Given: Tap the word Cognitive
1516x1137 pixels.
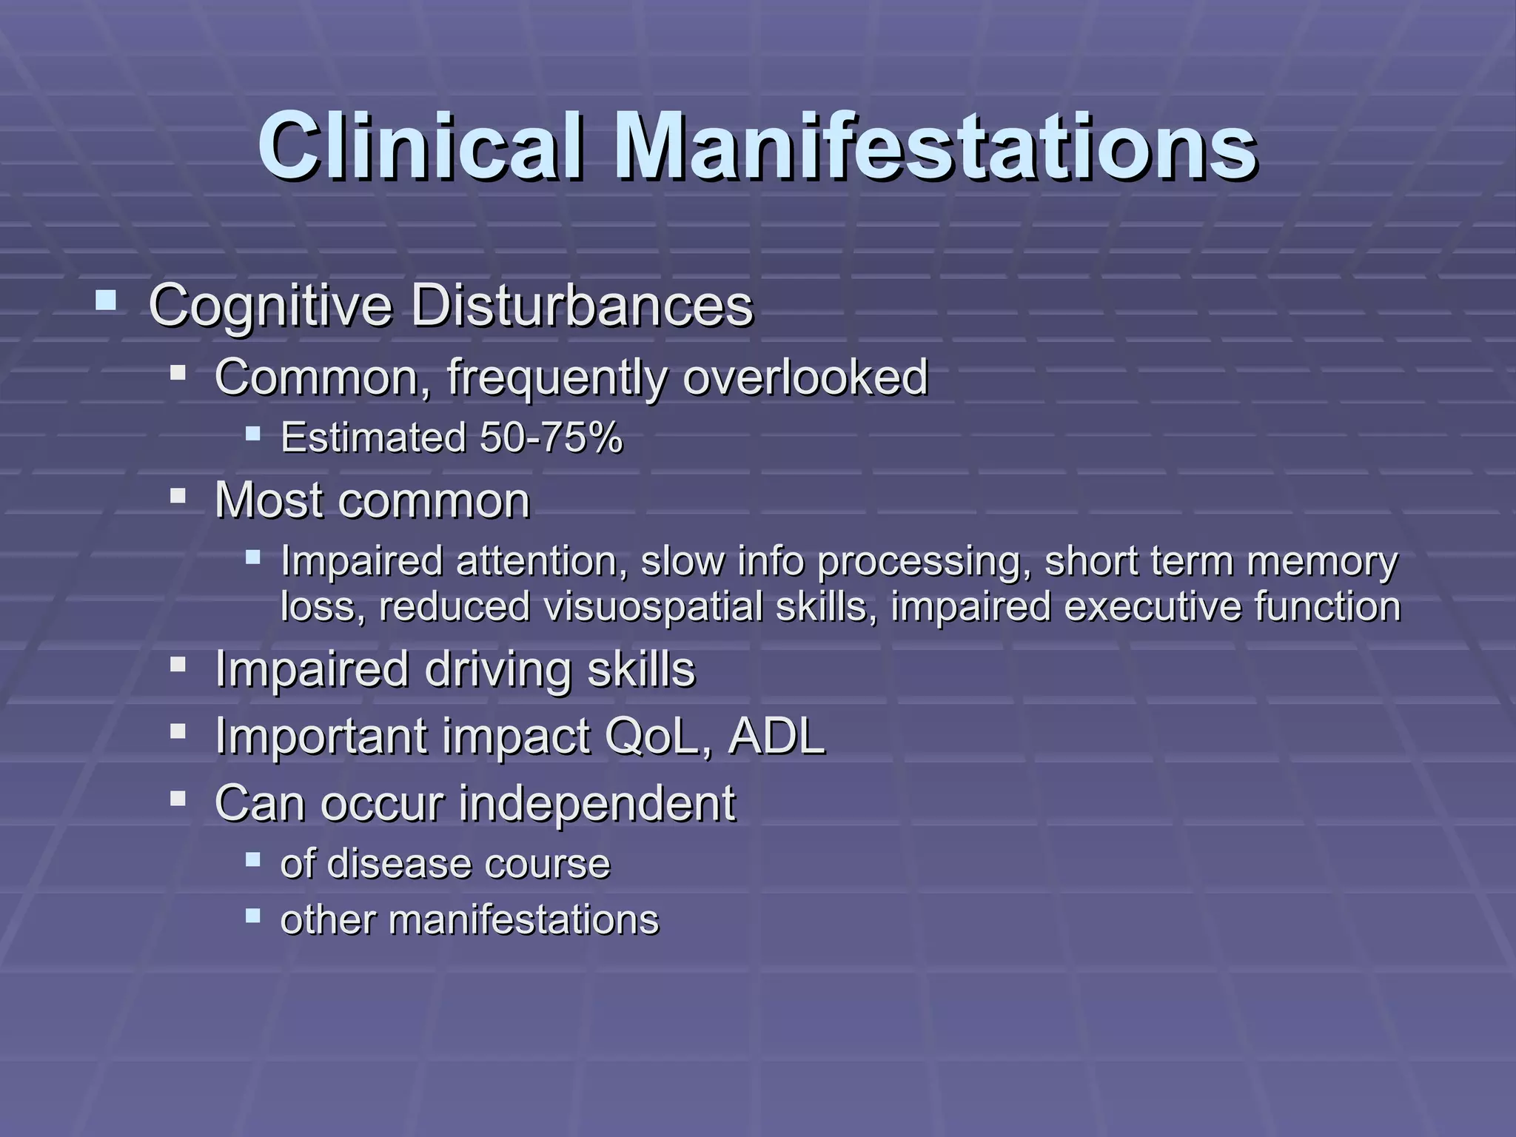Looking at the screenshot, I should pos(270,306).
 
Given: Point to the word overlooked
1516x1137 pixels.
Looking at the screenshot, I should pos(805,377).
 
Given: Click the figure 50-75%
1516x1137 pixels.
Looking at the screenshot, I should pos(551,437).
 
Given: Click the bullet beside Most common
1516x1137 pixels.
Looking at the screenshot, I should pos(178,495).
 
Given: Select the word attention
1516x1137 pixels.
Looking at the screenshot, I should pos(537,561).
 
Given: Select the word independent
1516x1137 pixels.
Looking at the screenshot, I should pos(597,802).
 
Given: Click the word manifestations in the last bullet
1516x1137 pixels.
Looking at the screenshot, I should pos(523,921).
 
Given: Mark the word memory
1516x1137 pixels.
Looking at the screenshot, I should pos(1323,561).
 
